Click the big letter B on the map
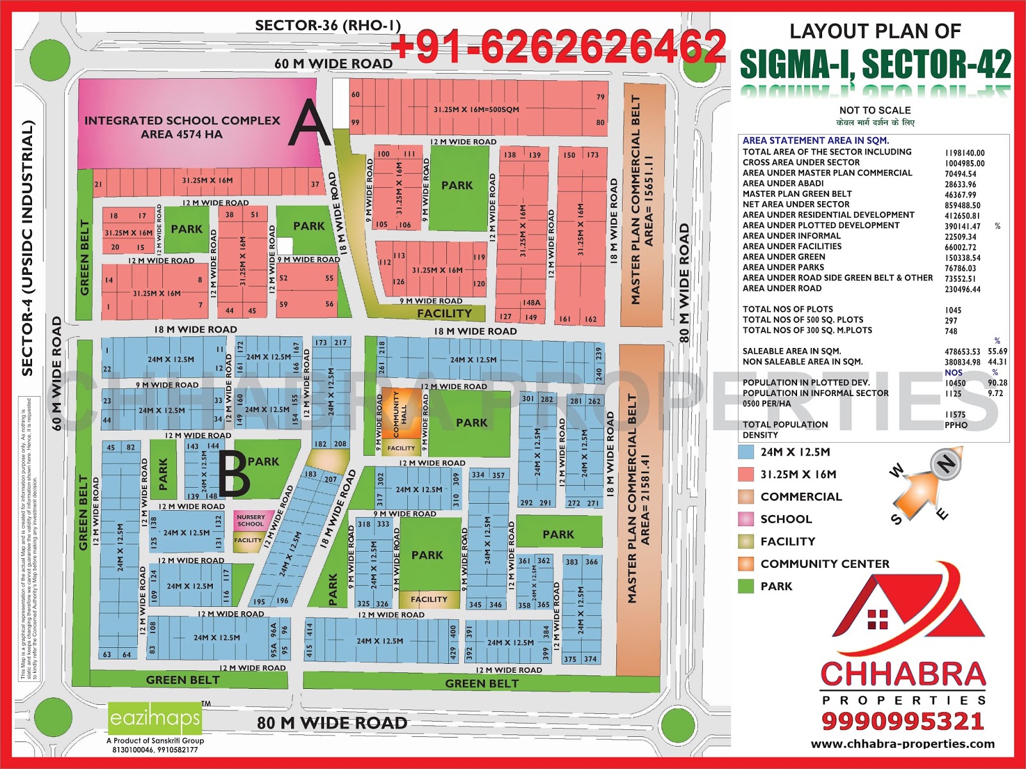coord(233,474)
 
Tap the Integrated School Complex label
coord(182,127)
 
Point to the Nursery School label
coord(250,520)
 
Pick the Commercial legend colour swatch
coord(746,497)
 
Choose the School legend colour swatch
coord(746,519)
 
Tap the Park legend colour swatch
coord(746,586)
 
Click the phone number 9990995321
coord(903,722)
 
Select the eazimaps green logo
coord(155,719)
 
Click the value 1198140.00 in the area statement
coord(964,153)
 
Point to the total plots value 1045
coord(953,310)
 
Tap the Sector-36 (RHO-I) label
coord(328,26)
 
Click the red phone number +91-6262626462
coord(558,46)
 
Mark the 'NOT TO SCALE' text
coord(875,110)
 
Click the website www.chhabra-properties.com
coord(903,744)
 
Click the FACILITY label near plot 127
coord(444,313)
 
